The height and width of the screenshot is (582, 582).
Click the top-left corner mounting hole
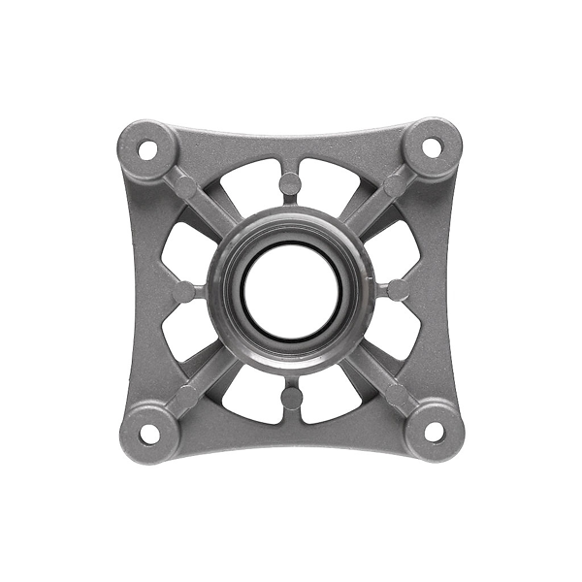(147, 150)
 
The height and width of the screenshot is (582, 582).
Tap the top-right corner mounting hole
(433, 147)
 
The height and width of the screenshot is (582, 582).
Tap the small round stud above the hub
(290, 182)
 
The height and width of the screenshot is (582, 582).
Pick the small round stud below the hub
(290, 398)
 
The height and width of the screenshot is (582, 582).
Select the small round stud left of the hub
(182, 290)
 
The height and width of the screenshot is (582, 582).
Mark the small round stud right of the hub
(398, 289)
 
